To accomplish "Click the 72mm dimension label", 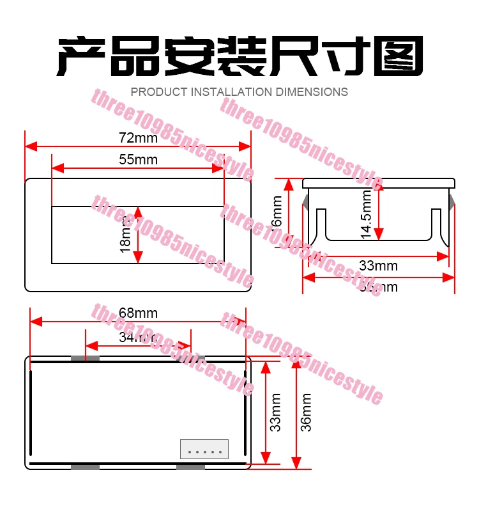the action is (138, 137).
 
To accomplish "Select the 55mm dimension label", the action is (138, 159).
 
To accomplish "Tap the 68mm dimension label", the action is (138, 313).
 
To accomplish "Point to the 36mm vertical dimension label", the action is (307, 412).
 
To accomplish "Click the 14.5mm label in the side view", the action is (366, 215).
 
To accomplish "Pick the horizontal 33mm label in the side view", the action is (378, 265).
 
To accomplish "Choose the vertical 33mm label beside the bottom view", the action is (275, 412).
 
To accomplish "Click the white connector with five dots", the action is (204, 449).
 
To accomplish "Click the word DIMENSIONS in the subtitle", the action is (312, 92).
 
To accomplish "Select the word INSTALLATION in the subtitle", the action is (232, 92).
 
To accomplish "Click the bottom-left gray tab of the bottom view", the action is (85, 467).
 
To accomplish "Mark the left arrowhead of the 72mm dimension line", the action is (29, 146).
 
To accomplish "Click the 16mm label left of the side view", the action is (277, 211).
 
